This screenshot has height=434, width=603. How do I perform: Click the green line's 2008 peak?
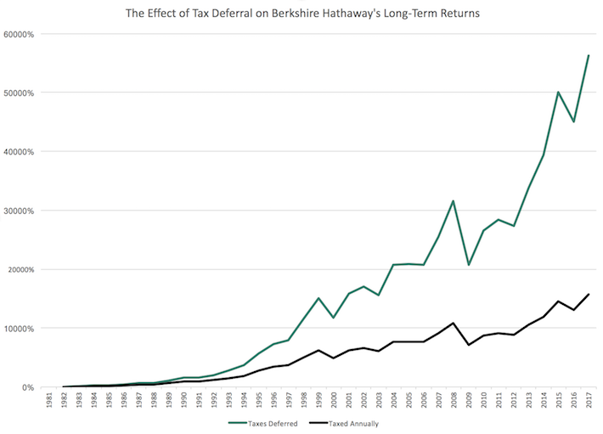pos(454,201)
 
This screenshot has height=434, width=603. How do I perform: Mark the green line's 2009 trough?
pos(469,265)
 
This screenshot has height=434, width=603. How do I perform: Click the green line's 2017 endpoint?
pos(589,55)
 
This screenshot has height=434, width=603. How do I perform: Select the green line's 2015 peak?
pos(558,92)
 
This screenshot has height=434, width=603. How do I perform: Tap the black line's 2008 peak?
pos(454,324)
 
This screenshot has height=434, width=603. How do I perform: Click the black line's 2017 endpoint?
pos(589,294)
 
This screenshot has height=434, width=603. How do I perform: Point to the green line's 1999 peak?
pos(318,298)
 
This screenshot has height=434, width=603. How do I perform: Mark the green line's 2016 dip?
pos(573,121)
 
